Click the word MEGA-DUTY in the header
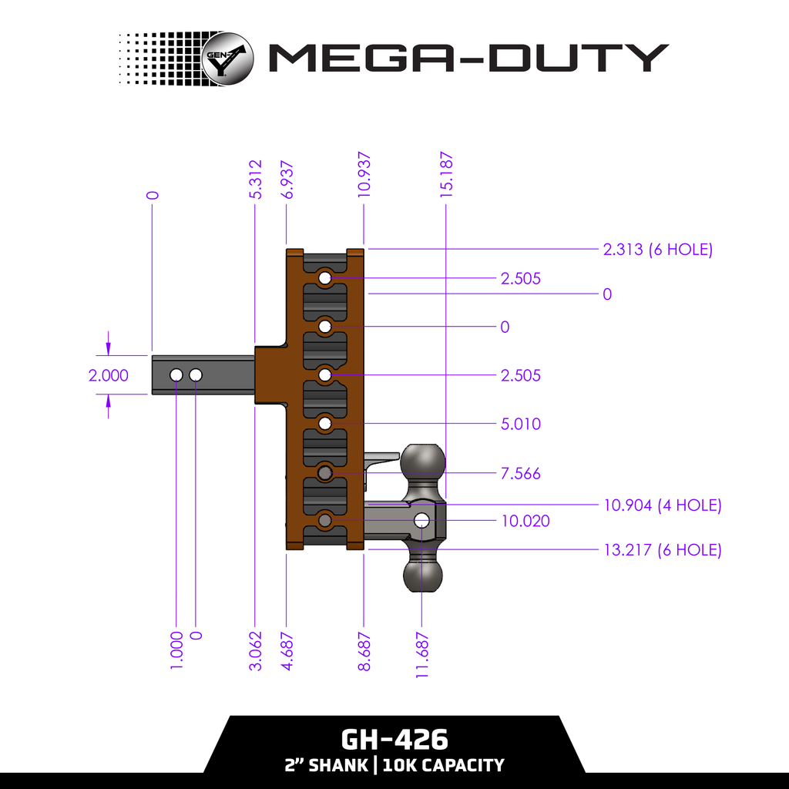click(467, 58)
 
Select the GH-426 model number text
click(394, 740)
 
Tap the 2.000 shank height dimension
click(109, 376)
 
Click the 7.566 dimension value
click(520, 473)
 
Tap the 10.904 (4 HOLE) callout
click(661, 505)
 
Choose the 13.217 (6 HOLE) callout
click(661, 550)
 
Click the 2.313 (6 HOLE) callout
click(657, 250)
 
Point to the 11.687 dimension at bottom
click(422, 656)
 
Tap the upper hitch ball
click(423, 461)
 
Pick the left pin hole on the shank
click(176, 374)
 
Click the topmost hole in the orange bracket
click(325, 277)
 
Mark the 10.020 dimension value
click(525, 521)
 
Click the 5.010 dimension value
click(520, 424)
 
